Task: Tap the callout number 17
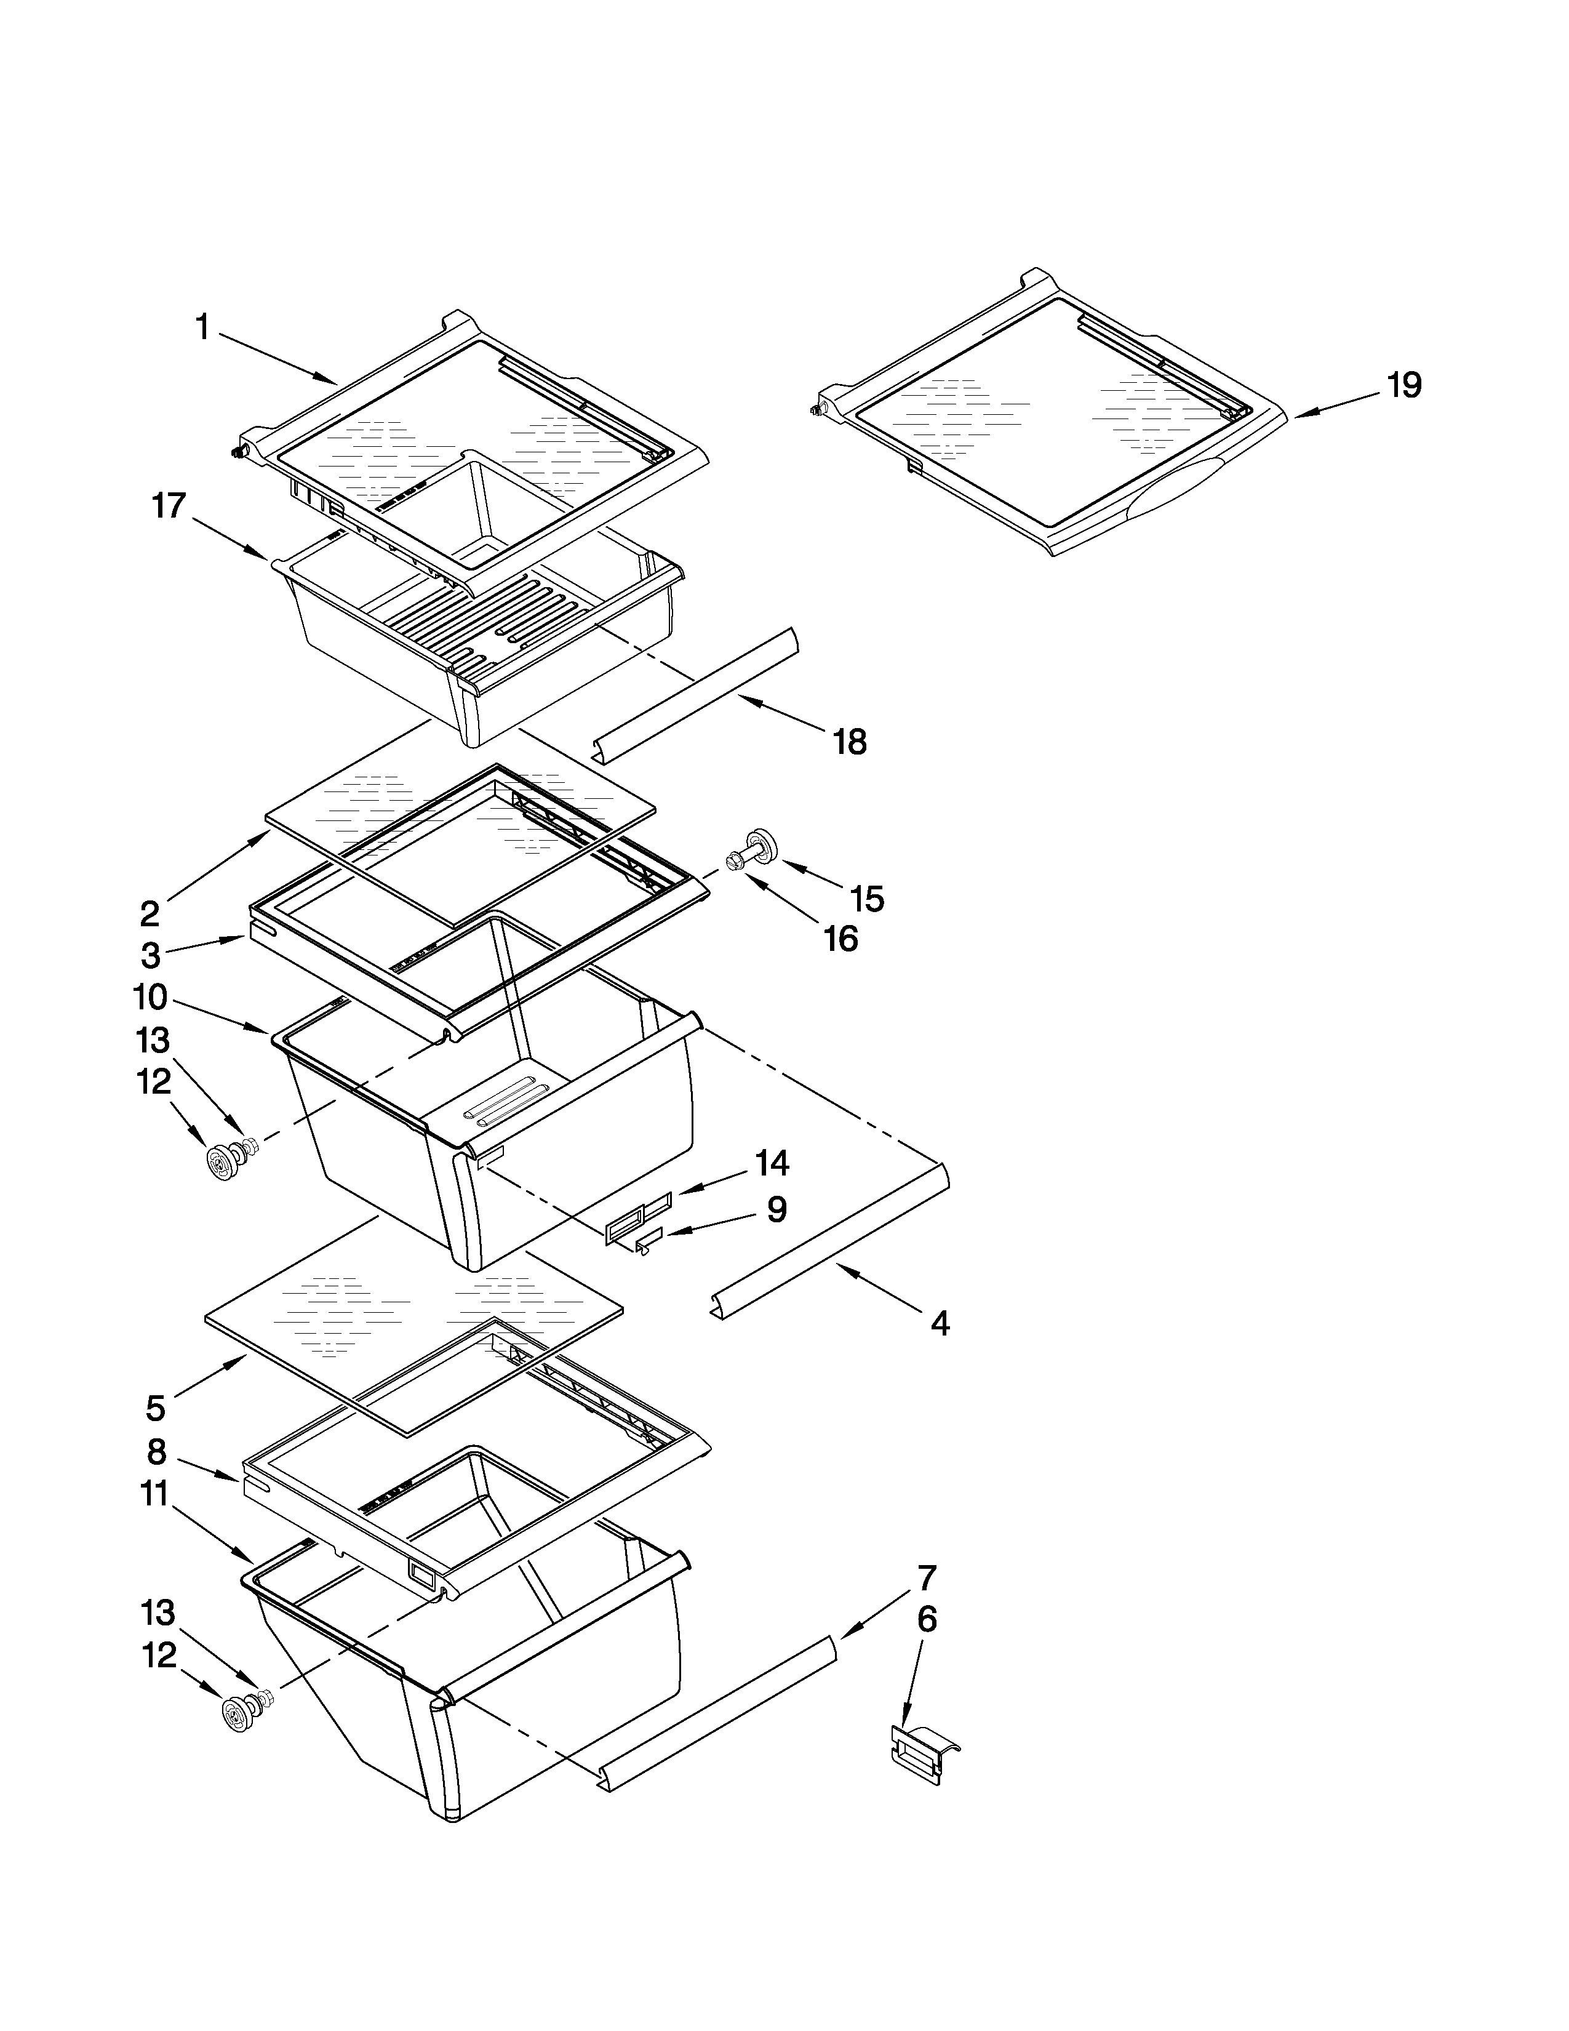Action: click(x=169, y=507)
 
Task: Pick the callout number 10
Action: click(x=150, y=998)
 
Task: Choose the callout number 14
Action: click(x=772, y=1163)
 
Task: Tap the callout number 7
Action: click(x=927, y=1577)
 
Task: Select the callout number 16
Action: click(x=840, y=939)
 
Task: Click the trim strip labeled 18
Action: click(x=695, y=689)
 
